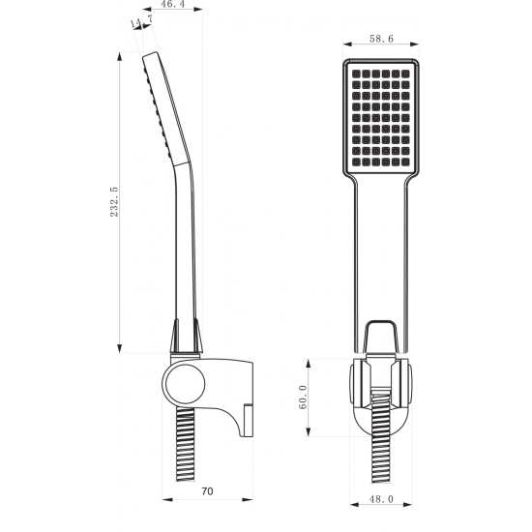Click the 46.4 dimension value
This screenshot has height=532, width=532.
[174, 8]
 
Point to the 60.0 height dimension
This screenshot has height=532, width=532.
[303, 398]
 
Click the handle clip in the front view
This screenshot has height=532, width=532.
[381, 340]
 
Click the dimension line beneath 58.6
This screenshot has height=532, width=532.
[381, 44]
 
